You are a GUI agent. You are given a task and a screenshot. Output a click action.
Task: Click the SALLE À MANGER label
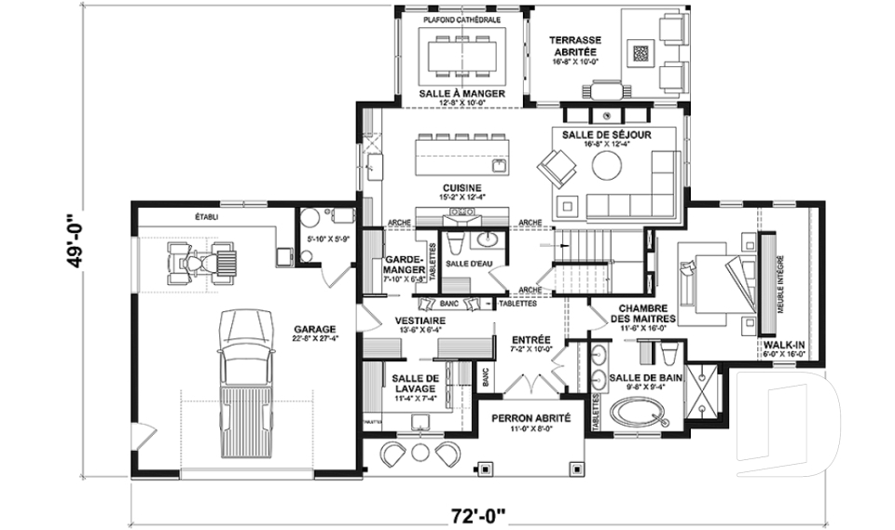462,94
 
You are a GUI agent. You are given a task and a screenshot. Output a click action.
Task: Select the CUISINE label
461,187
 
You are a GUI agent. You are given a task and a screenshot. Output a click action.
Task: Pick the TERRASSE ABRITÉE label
575,41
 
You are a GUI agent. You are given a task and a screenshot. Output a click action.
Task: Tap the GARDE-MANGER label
405,266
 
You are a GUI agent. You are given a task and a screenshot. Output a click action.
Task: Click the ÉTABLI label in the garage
206,216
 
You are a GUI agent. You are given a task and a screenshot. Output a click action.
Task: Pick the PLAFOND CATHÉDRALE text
461,19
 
